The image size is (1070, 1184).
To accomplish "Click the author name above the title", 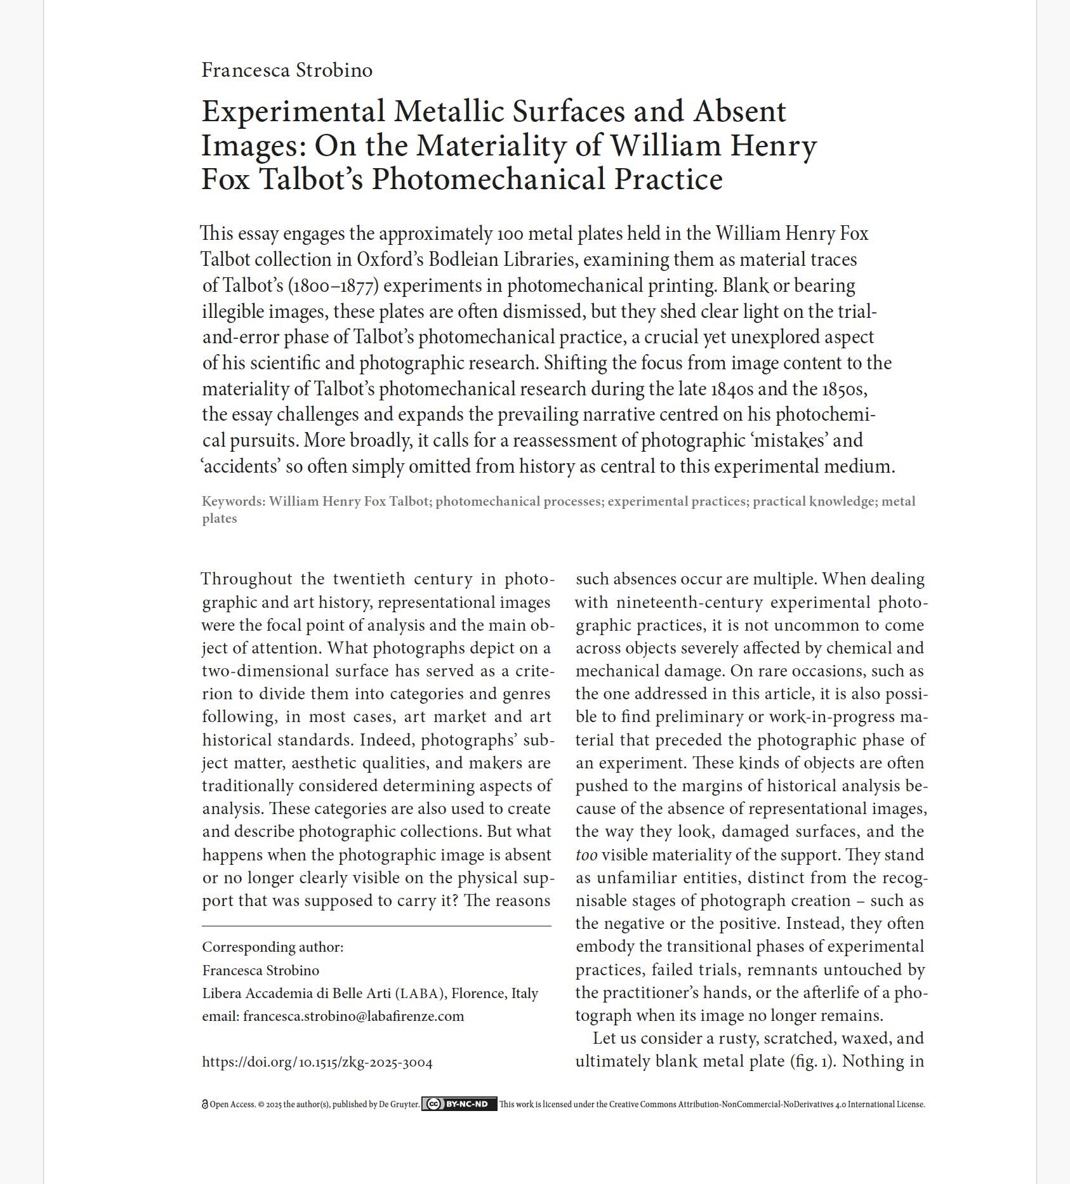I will [x=287, y=70].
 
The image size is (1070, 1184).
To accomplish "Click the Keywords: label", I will [x=234, y=501].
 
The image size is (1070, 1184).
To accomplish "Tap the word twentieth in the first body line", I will [x=369, y=579].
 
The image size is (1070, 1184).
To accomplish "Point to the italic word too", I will [x=586, y=855].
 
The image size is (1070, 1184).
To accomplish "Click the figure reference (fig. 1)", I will [x=812, y=1062].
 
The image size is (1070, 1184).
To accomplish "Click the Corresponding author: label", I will [x=272, y=947].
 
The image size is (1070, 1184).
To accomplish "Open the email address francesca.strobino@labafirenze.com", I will [x=353, y=1016].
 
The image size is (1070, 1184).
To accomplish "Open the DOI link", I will [x=317, y=1063].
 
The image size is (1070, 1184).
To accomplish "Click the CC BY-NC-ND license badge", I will [x=459, y=1104].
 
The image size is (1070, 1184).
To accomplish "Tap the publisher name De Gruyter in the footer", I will [x=399, y=1105].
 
